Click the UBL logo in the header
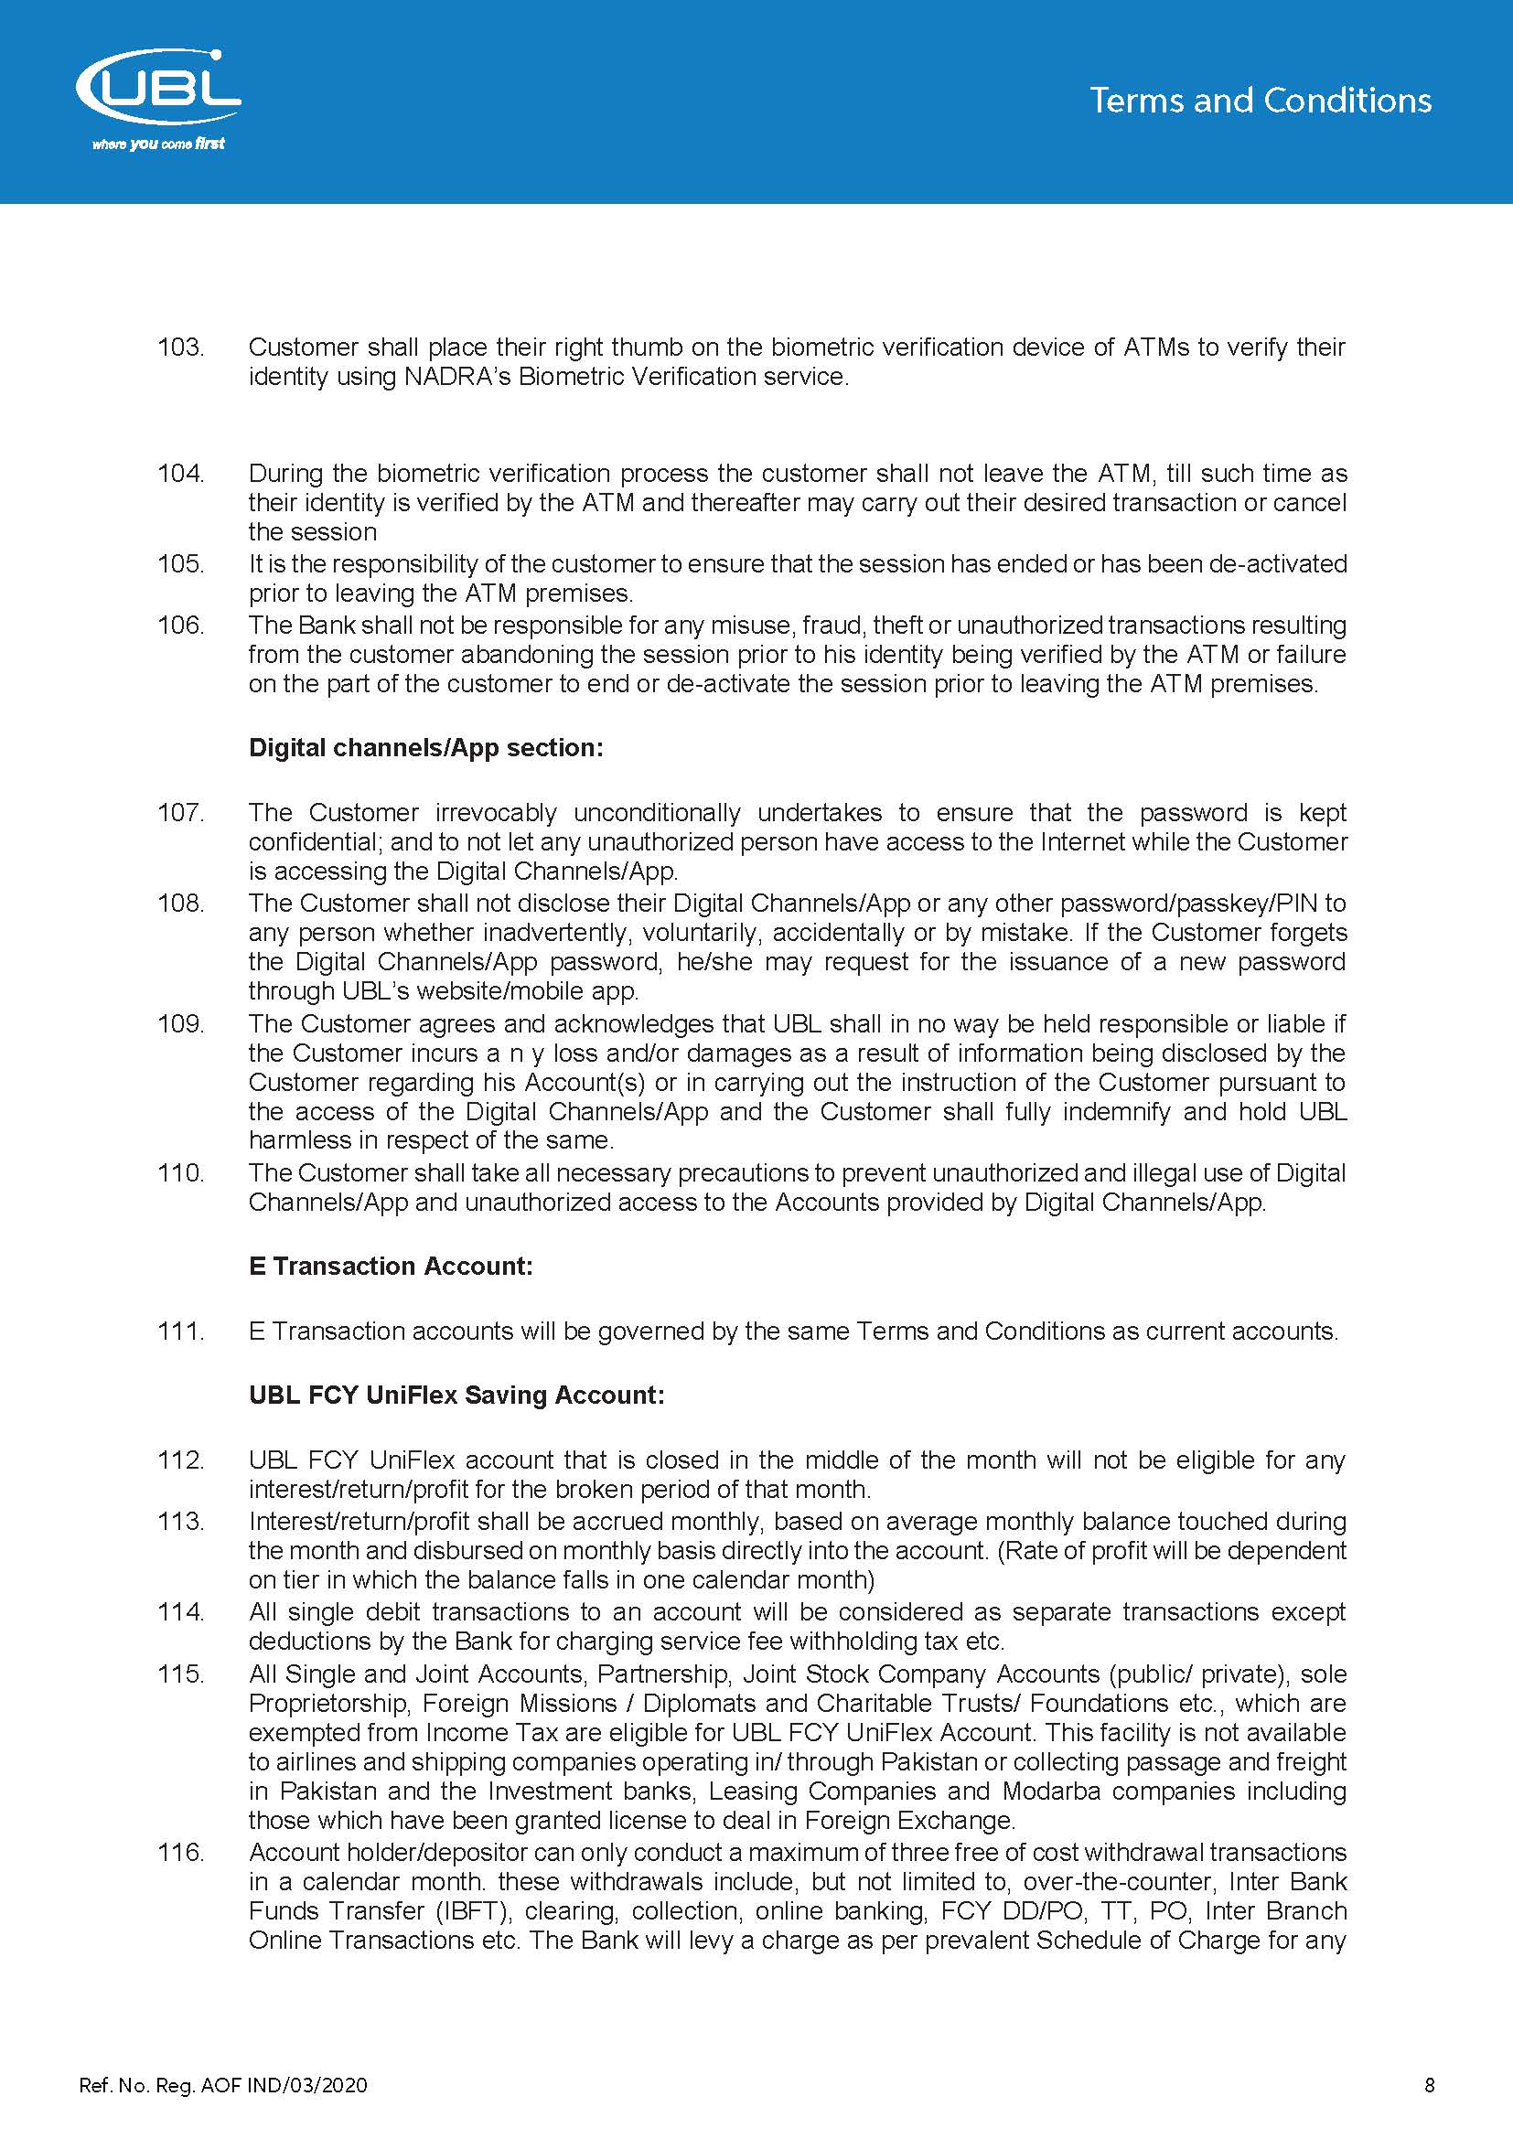tap(157, 90)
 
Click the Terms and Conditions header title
tap(1260, 101)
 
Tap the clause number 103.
tap(180, 348)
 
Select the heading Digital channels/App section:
tap(425, 748)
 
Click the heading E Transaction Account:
tap(391, 1266)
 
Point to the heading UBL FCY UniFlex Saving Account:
tap(456, 1395)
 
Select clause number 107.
tap(180, 812)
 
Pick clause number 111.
tap(180, 1332)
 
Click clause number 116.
tap(180, 1852)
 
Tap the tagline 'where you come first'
tap(158, 144)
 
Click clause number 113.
tap(180, 1522)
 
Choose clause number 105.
tap(180, 563)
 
